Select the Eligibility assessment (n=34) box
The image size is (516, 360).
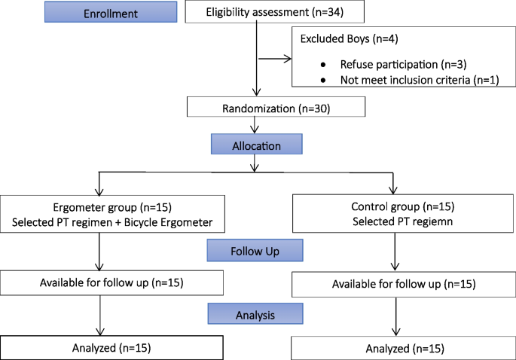pos(273,12)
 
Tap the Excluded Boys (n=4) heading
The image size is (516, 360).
pos(350,37)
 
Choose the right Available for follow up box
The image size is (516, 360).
pos(405,284)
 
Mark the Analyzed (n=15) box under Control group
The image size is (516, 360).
pos(405,349)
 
